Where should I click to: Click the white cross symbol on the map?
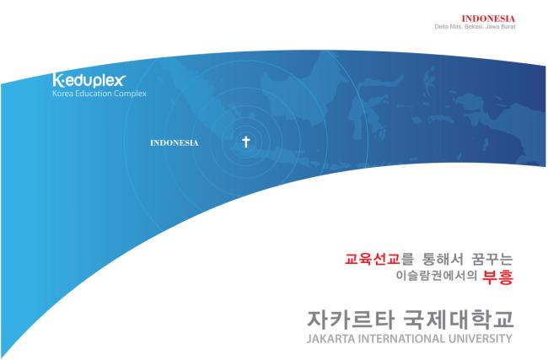[246, 142]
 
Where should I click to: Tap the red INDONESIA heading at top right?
[488, 19]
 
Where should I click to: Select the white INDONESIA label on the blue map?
[174, 143]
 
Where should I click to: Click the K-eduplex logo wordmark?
[89, 80]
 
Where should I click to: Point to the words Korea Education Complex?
[99, 94]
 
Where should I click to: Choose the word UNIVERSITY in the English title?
[480, 339]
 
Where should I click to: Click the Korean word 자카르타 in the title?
[351, 320]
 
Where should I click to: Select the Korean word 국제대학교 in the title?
[458, 320]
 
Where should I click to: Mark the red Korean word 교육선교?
[372, 260]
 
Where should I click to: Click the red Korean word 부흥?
[497, 277]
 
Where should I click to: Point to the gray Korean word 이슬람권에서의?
[436, 276]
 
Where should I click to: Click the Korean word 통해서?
[443, 260]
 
